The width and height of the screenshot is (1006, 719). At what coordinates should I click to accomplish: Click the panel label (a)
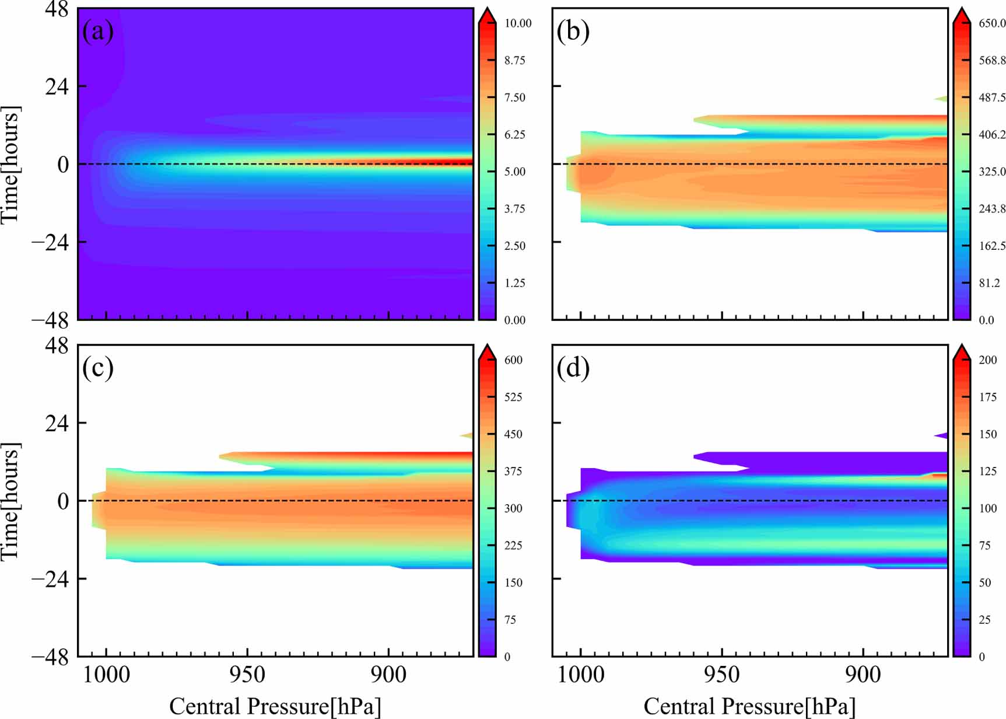(x=98, y=32)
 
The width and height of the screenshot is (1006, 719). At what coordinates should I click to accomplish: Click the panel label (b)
(x=573, y=32)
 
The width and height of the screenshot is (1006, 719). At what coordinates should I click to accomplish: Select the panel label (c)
(x=98, y=368)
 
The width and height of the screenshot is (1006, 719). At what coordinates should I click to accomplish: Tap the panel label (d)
(x=573, y=368)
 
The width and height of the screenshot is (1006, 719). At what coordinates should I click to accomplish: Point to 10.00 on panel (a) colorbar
(x=518, y=23)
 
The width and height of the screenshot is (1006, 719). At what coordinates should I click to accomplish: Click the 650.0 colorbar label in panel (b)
(x=991, y=23)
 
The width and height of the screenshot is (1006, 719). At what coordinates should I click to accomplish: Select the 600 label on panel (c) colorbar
(x=513, y=360)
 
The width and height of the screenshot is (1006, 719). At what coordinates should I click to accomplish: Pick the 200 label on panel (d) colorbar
(x=988, y=360)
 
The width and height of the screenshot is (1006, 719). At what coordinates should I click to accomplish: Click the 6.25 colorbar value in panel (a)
(x=515, y=135)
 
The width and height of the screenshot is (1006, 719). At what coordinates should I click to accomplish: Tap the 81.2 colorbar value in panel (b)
(x=989, y=283)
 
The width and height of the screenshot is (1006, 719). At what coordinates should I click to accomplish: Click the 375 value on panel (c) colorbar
(x=513, y=472)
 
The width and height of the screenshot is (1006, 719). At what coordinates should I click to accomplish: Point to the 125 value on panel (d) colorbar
(x=988, y=472)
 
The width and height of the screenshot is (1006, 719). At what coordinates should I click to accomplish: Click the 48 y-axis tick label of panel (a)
(x=57, y=10)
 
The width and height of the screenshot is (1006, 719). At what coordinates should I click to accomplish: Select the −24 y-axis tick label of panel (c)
(x=50, y=579)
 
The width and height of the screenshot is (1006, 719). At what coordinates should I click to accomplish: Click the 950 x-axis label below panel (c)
(x=247, y=675)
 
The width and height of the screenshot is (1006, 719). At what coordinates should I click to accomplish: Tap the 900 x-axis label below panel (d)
(x=863, y=675)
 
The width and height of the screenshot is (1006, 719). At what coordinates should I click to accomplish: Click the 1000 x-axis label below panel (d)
(x=580, y=675)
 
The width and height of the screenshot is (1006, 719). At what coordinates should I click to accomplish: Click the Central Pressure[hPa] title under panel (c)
(x=275, y=706)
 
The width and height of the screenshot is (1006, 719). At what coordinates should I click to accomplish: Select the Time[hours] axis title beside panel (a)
(x=10, y=165)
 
